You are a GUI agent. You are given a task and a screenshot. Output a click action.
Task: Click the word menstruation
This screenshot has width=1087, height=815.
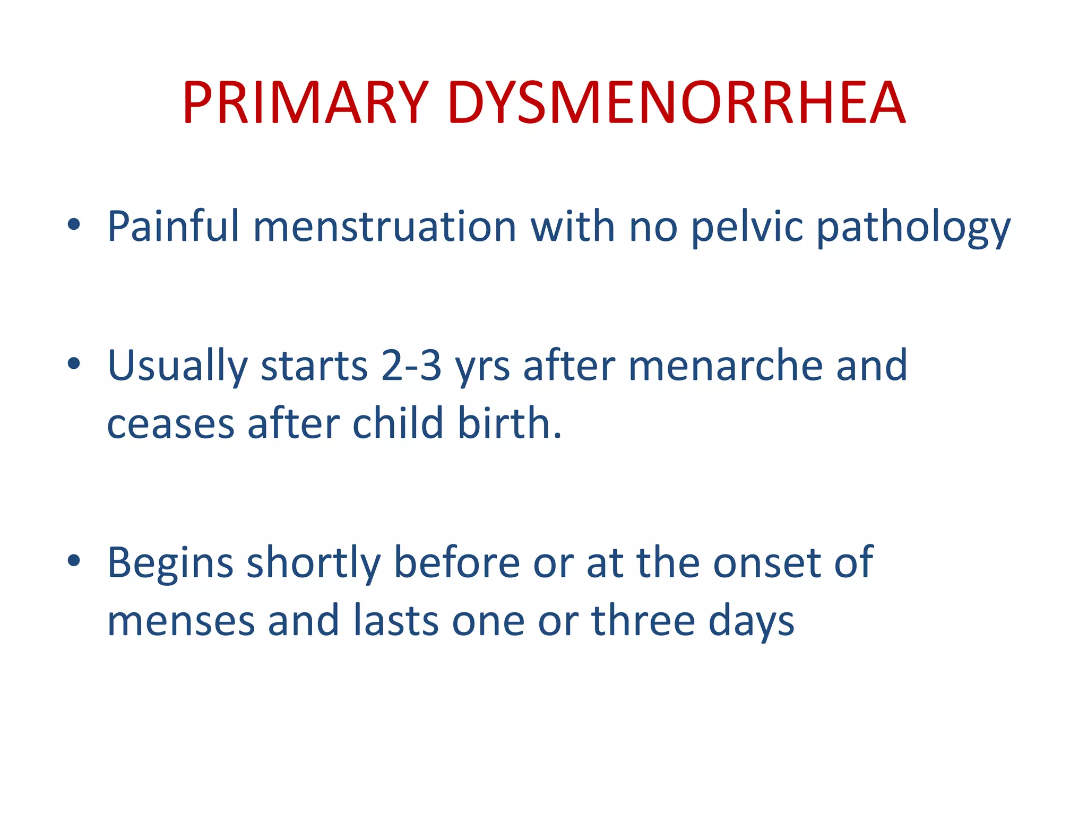tap(385, 227)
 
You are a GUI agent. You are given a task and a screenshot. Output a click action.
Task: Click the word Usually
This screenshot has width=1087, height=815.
tap(177, 366)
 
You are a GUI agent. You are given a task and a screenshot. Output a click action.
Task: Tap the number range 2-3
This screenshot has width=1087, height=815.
tap(411, 366)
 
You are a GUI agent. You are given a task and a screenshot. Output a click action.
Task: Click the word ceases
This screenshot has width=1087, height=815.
tap(170, 424)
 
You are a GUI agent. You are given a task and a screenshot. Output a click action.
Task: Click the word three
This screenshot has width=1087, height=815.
tap(643, 621)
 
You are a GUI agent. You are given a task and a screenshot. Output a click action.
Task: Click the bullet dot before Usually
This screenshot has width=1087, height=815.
tap(74, 364)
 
